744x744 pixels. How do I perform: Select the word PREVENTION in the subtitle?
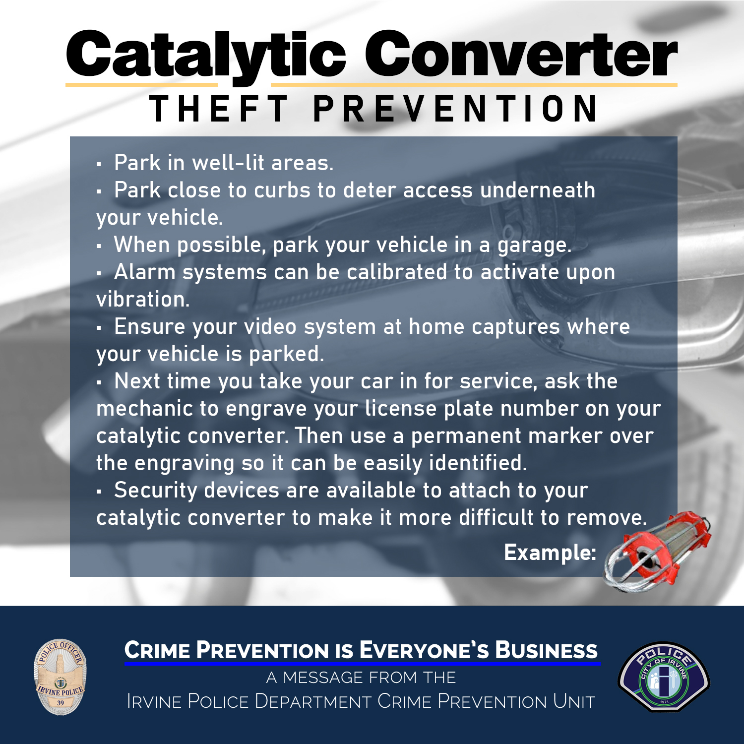(455, 109)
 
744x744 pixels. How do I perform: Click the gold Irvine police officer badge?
(60, 677)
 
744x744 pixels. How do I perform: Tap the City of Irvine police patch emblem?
(664, 677)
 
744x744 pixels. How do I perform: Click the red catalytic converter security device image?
(657, 551)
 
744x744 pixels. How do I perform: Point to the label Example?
(550, 553)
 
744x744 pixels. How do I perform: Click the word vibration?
(142, 300)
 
